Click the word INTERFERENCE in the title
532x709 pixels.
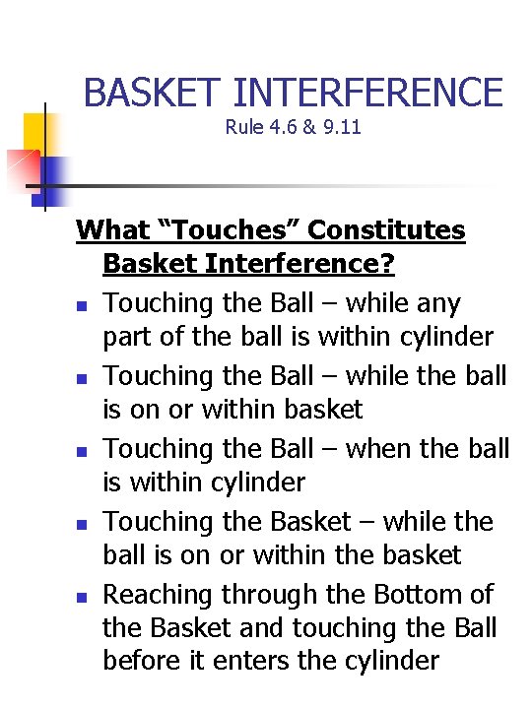(368, 93)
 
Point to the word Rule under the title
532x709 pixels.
(242, 127)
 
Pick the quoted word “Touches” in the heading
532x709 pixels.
(228, 230)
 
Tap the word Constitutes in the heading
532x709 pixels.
(387, 230)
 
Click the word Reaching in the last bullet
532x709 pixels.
(159, 595)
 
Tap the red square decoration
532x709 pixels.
(20, 168)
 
